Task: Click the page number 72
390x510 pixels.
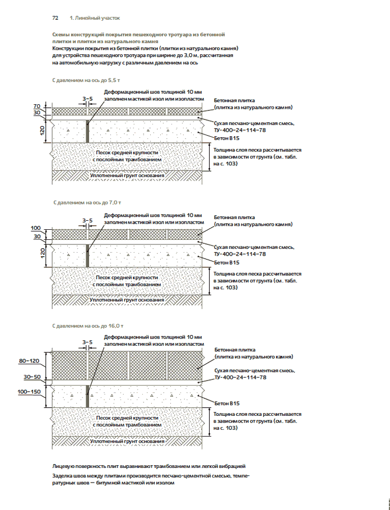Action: pyautogui.click(x=55, y=18)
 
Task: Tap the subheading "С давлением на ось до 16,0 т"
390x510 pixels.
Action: pyautogui.click(x=87, y=325)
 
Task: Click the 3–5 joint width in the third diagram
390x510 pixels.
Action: pyautogui.click(x=87, y=341)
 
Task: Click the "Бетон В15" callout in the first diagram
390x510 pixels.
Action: pyautogui.click(x=227, y=138)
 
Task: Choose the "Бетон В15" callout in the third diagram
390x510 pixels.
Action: pyautogui.click(x=227, y=403)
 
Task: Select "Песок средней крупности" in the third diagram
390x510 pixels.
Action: pyautogui.click(x=127, y=418)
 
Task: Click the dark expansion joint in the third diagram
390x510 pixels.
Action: pyautogui.click(x=87, y=395)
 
